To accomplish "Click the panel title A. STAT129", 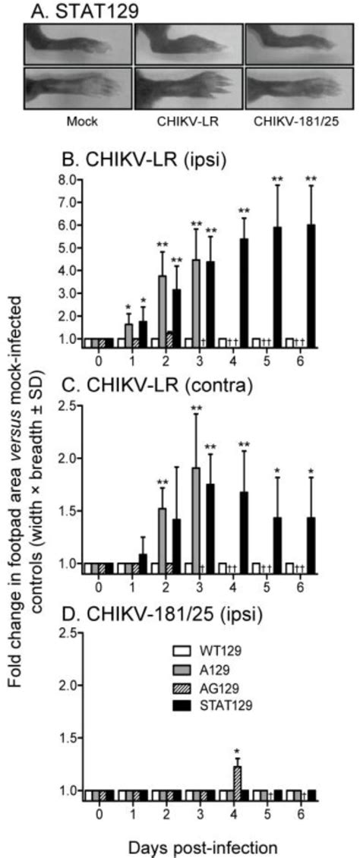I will tap(76, 11).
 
